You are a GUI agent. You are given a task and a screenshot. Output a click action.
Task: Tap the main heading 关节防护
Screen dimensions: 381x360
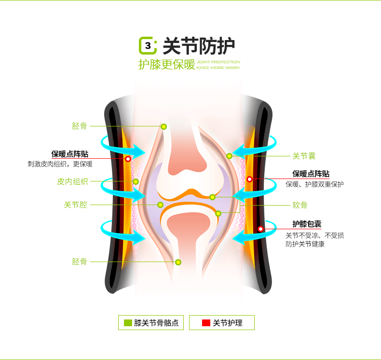tap(199, 46)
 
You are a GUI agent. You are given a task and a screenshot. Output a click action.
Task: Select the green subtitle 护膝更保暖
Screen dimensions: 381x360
tap(166, 65)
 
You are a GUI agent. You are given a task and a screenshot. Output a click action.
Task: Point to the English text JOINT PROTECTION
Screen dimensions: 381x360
tap(218, 62)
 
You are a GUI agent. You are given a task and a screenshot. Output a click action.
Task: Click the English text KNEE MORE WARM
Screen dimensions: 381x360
tap(218, 68)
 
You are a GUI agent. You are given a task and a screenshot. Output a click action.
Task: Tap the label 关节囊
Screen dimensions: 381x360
tap(304, 156)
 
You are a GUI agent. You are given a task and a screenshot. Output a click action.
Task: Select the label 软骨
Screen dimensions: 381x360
tap(300, 205)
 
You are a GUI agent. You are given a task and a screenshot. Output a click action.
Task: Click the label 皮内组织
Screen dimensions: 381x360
tap(72, 181)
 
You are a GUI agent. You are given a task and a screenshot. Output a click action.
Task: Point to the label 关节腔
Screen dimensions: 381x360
tap(76, 205)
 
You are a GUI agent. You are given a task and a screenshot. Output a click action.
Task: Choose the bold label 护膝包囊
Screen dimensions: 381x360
tap(307, 223)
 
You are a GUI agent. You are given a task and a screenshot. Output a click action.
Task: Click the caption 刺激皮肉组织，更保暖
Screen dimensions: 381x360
tap(60, 164)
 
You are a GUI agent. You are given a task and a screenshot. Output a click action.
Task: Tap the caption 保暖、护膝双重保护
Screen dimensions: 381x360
tap(314, 184)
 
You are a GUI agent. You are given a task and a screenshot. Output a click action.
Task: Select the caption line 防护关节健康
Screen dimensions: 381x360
tap(305, 244)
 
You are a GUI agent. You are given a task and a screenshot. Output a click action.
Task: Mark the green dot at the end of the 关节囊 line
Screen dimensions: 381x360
tap(230, 156)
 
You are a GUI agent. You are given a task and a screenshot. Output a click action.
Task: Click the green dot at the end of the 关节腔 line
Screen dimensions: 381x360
tap(160, 205)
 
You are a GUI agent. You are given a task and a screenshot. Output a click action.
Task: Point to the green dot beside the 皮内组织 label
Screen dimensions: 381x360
tap(136, 181)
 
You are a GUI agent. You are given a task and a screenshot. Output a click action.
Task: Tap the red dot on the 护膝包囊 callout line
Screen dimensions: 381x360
tap(261, 229)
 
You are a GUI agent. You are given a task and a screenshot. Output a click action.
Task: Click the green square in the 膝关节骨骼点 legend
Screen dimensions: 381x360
tap(128, 323)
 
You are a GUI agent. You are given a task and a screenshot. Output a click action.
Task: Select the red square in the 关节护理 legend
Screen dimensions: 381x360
tap(206, 323)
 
